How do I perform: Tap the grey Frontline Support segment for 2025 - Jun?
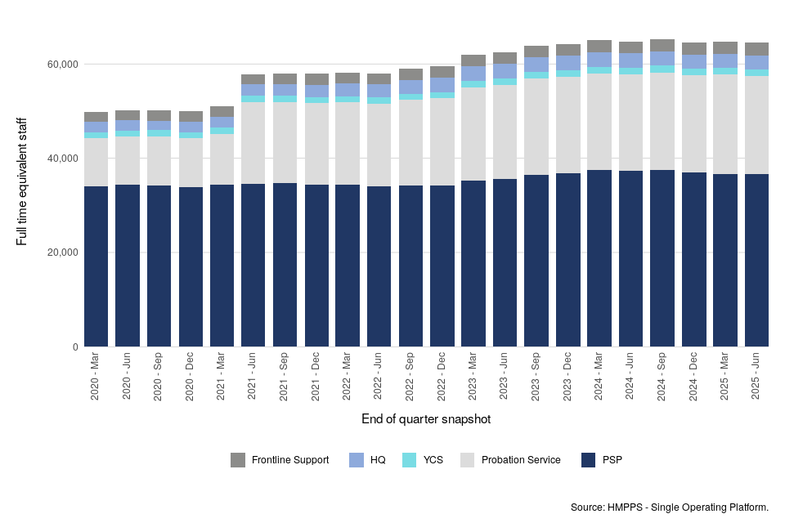coord(756,49)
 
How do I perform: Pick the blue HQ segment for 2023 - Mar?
coord(473,74)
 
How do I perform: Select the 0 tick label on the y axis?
coord(75,346)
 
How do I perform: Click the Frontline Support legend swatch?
coord(238,460)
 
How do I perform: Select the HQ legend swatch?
coord(357,460)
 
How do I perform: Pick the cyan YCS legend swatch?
coord(410,460)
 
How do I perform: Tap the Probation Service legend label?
coord(521,460)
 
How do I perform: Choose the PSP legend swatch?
coord(588,460)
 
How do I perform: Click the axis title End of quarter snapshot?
coord(426,419)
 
